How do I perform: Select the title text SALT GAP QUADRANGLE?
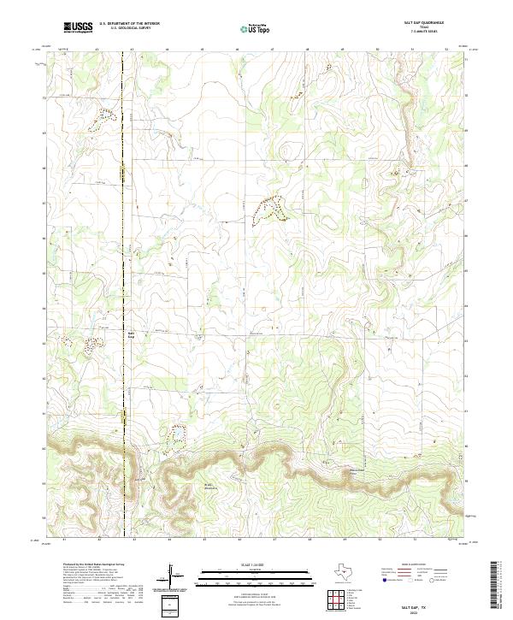click(x=418, y=23)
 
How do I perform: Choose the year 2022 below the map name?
click(x=418, y=611)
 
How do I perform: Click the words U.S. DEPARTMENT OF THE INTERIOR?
click(x=129, y=24)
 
